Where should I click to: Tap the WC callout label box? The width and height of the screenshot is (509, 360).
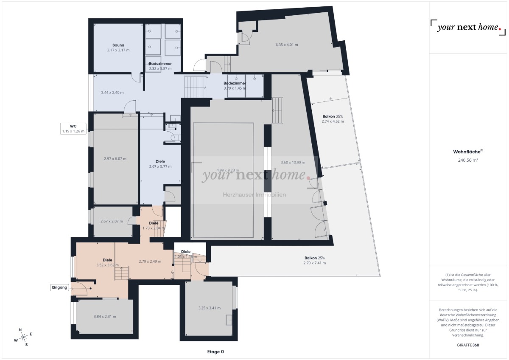point(74,128)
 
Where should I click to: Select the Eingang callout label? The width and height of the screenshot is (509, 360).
point(59,288)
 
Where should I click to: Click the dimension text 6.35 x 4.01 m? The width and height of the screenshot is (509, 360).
point(287,45)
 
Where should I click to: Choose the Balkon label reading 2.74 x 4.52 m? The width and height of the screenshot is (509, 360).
point(333,118)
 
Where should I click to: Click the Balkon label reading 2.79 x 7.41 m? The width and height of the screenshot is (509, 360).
point(315,260)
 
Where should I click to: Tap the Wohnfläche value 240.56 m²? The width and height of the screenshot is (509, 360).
point(468,160)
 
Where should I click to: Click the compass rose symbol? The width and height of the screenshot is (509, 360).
point(23,337)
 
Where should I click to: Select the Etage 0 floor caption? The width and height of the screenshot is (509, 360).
point(215,352)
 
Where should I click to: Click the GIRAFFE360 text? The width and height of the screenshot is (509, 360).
point(468,345)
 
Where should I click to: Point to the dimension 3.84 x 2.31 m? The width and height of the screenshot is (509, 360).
point(105,316)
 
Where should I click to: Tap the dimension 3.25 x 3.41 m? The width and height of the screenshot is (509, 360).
point(210,308)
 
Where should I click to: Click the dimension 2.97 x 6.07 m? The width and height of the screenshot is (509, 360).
point(115,159)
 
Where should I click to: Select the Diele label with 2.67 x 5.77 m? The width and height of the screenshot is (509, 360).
point(160,164)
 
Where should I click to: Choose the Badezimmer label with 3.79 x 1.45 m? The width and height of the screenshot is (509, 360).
point(235,86)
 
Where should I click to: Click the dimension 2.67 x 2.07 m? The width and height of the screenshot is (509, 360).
point(112,221)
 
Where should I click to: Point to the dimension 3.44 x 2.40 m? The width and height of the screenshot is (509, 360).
point(112,93)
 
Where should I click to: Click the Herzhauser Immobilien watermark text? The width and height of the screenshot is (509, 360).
point(255,195)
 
